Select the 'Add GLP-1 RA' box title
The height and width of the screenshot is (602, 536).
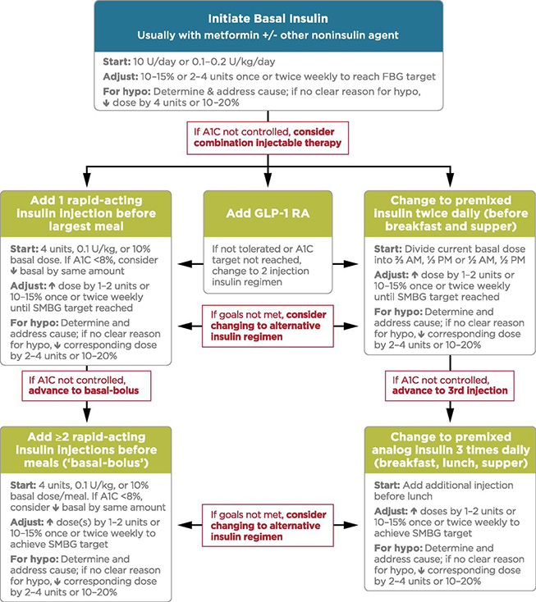coord(268,214)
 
